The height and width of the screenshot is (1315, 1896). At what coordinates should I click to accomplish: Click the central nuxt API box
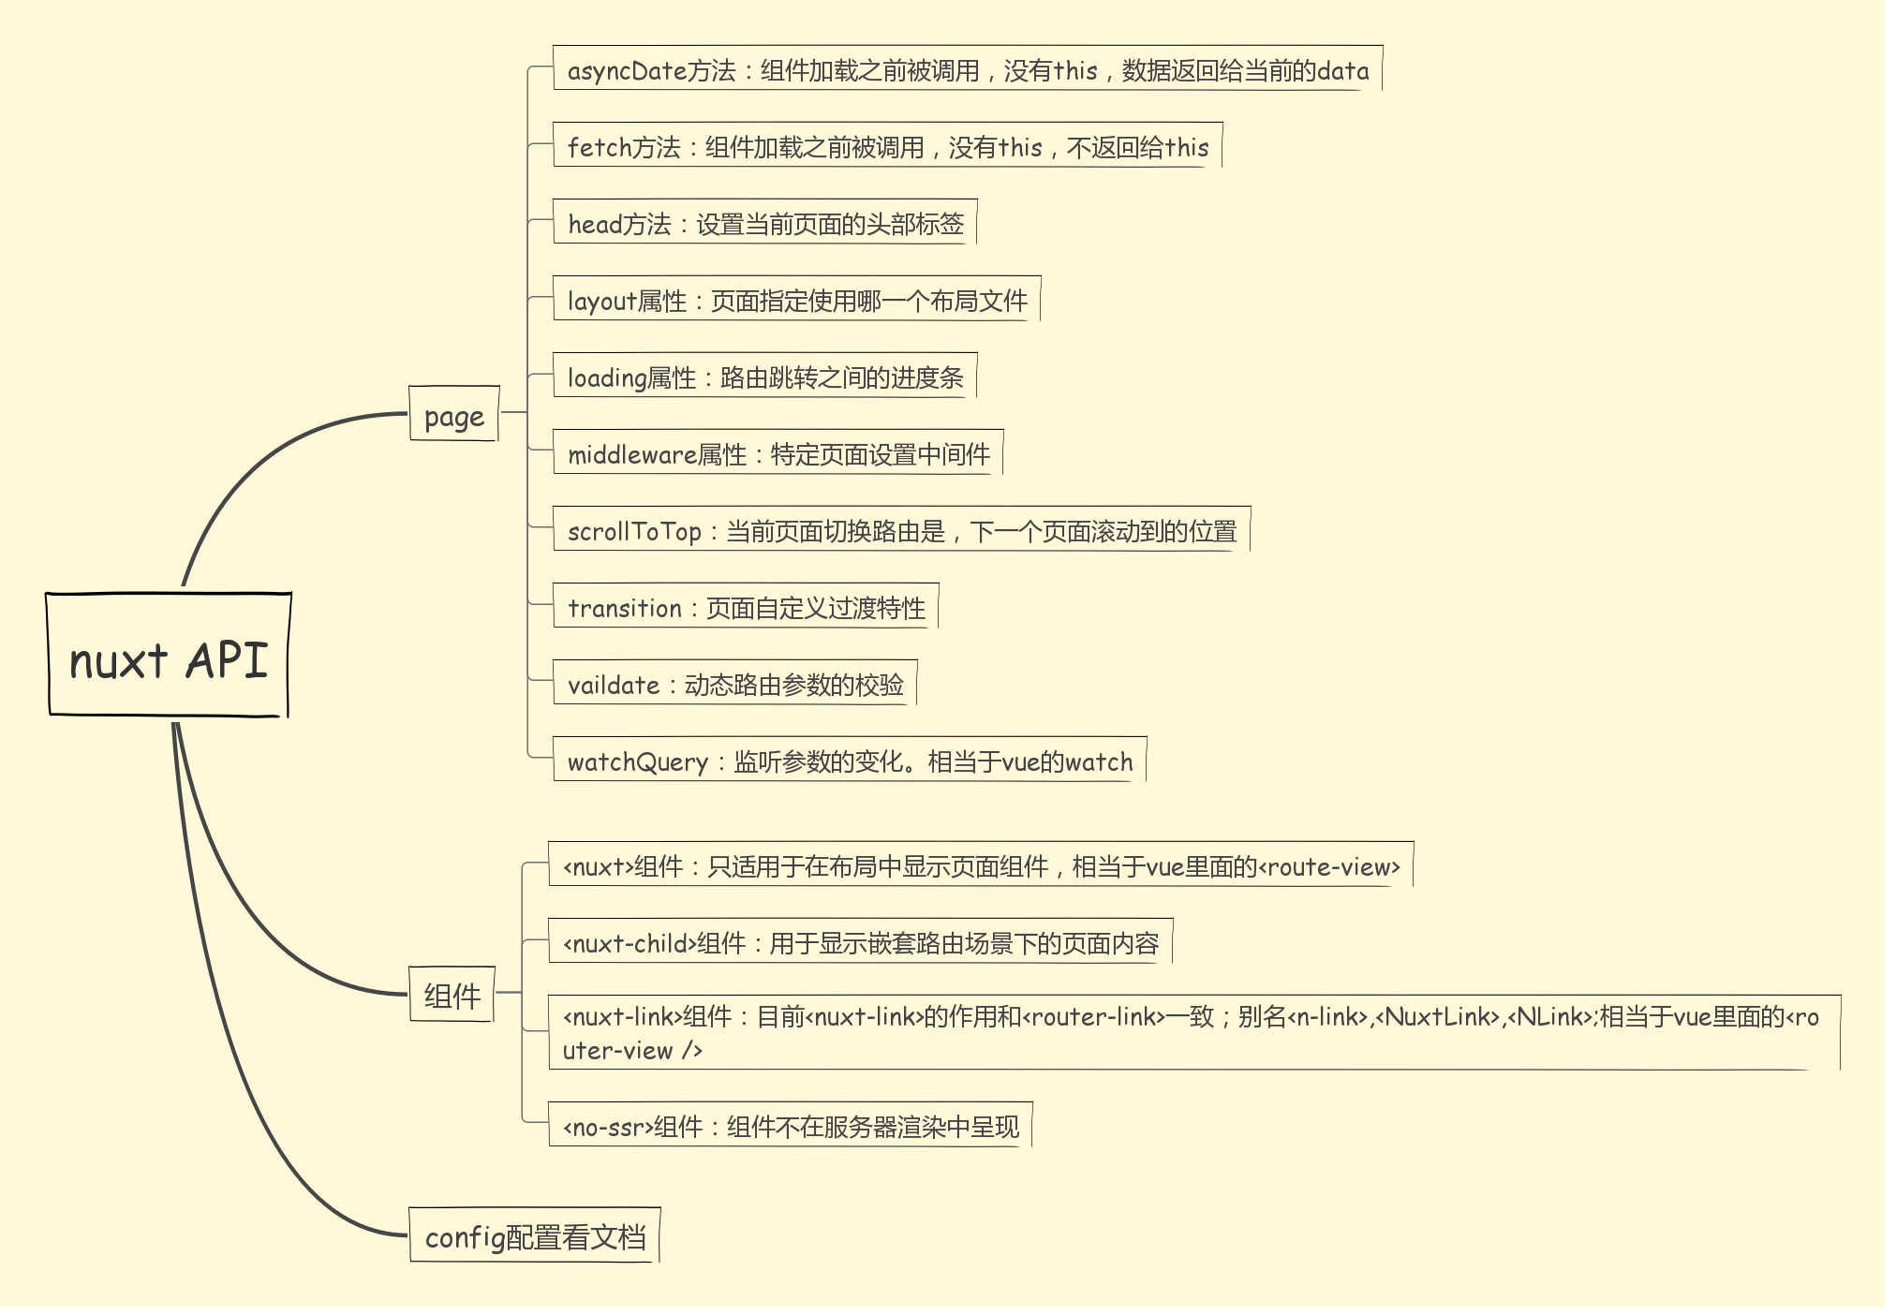pos(169,656)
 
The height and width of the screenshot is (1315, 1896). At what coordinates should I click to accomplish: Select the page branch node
pos(454,414)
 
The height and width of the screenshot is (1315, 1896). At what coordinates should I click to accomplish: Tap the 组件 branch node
pos(452,995)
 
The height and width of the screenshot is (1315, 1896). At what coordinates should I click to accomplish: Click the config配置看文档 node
pos(535,1236)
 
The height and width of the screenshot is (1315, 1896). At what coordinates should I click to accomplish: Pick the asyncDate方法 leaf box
pos(967,69)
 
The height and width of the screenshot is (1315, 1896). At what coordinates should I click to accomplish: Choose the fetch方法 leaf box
pos(887,146)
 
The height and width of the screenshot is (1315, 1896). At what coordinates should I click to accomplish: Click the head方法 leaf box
pos(764,223)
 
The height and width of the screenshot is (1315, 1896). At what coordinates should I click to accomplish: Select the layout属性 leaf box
pos(796,300)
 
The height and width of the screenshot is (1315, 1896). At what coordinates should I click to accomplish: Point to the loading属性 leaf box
pos(764,377)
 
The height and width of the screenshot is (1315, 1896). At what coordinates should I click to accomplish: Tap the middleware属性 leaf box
pos(778,453)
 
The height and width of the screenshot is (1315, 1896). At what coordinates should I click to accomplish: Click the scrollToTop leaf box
pos(901,530)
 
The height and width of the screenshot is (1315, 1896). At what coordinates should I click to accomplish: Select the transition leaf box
pos(746,607)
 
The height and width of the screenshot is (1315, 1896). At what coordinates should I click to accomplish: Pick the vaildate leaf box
pos(734,684)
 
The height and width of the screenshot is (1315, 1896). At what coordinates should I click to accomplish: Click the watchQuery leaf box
pos(850,761)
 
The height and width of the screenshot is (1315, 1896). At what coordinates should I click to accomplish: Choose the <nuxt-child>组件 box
pos(860,942)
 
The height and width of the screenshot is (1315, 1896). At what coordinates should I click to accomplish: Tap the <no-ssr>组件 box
pos(790,1126)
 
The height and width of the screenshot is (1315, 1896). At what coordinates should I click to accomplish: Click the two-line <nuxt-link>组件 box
pos(1193,1032)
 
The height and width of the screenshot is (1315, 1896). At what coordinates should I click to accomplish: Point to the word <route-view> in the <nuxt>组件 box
pos(1329,867)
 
